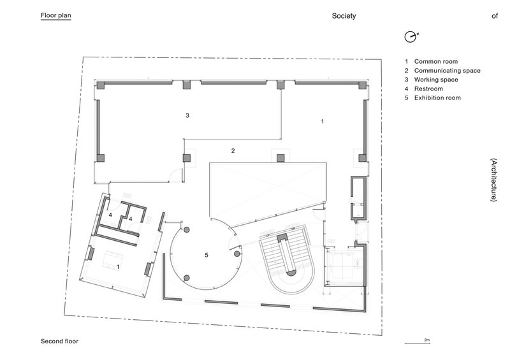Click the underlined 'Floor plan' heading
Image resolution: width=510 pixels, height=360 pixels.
55,17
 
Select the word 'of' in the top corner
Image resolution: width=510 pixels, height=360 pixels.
494,17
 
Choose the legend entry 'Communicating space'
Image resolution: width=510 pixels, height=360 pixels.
447,71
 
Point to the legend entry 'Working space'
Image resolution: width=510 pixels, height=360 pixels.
437,80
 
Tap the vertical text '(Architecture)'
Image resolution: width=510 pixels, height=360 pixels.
493,180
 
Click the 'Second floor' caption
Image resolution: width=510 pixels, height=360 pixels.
59,342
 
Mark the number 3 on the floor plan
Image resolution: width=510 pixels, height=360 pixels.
187,116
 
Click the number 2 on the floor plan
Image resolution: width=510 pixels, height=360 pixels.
233,151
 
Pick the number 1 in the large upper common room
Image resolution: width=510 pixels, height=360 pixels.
323,120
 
